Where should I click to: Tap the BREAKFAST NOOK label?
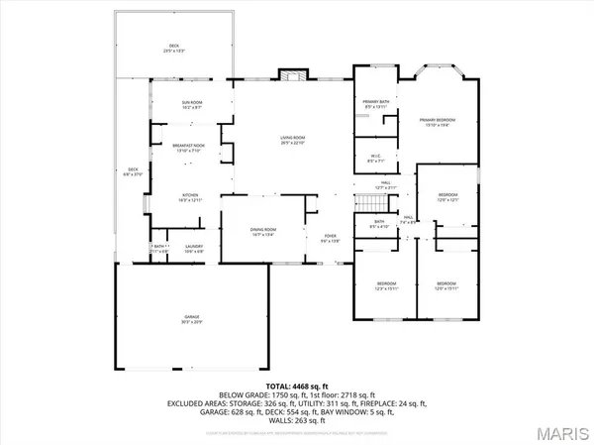[x=188, y=147]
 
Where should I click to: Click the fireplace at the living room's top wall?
[x=288, y=74]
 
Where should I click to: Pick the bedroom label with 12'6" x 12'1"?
[x=448, y=197]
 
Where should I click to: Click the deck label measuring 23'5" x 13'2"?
[x=174, y=49]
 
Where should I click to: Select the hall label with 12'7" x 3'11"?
[x=389, y=184]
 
